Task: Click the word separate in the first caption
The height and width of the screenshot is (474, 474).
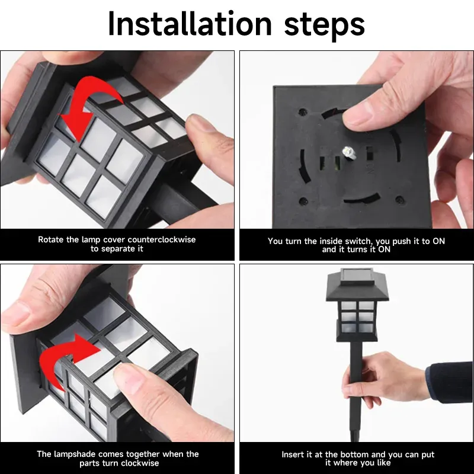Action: pos(121,249)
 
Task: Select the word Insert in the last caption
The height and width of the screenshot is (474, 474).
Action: pos(293,454)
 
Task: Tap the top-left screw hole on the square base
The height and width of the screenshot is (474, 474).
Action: pos(303,111)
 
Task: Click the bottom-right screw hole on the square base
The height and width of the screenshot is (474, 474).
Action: pos(399,200)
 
